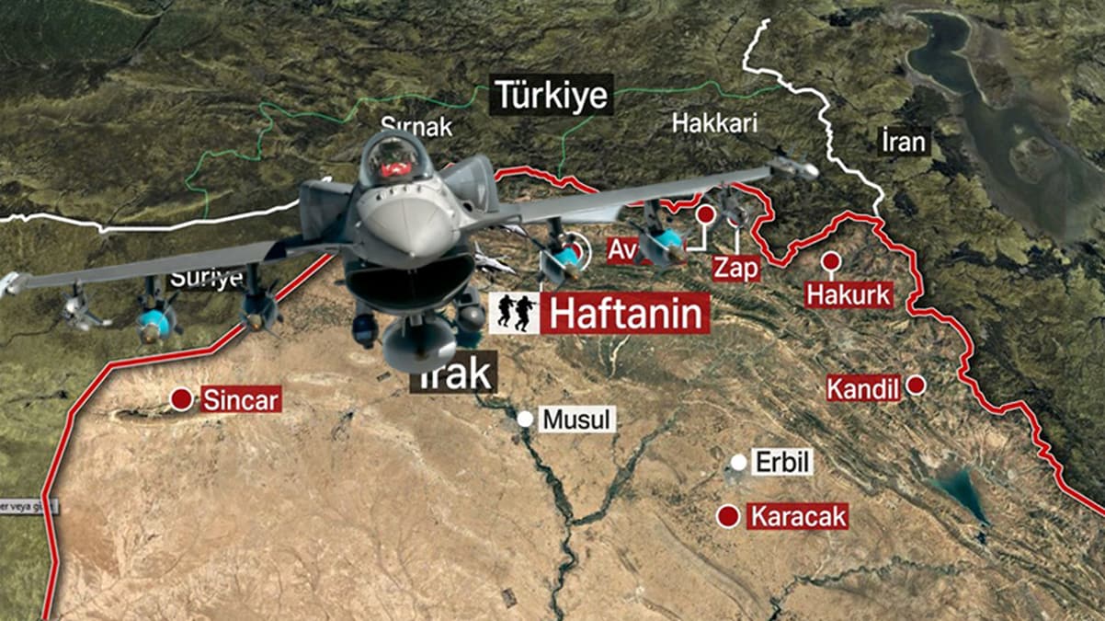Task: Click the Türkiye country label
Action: click(552, 94)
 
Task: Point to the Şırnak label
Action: click(416, 127)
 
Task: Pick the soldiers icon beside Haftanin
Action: click(515, 314)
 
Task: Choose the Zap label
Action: click(736, 269)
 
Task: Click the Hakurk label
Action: click(849, 294)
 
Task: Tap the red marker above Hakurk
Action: click(832, 261)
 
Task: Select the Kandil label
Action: click(862, 388)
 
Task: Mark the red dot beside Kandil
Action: click(916, 385)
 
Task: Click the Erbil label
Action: click(783, 462)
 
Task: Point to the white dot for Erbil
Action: click(738, 462)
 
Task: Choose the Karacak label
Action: click(797, 516)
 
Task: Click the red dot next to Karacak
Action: click(729, 517)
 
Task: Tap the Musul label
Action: click(576, 420)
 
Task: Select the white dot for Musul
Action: click(525, 420)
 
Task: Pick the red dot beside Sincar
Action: click(182, 400)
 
